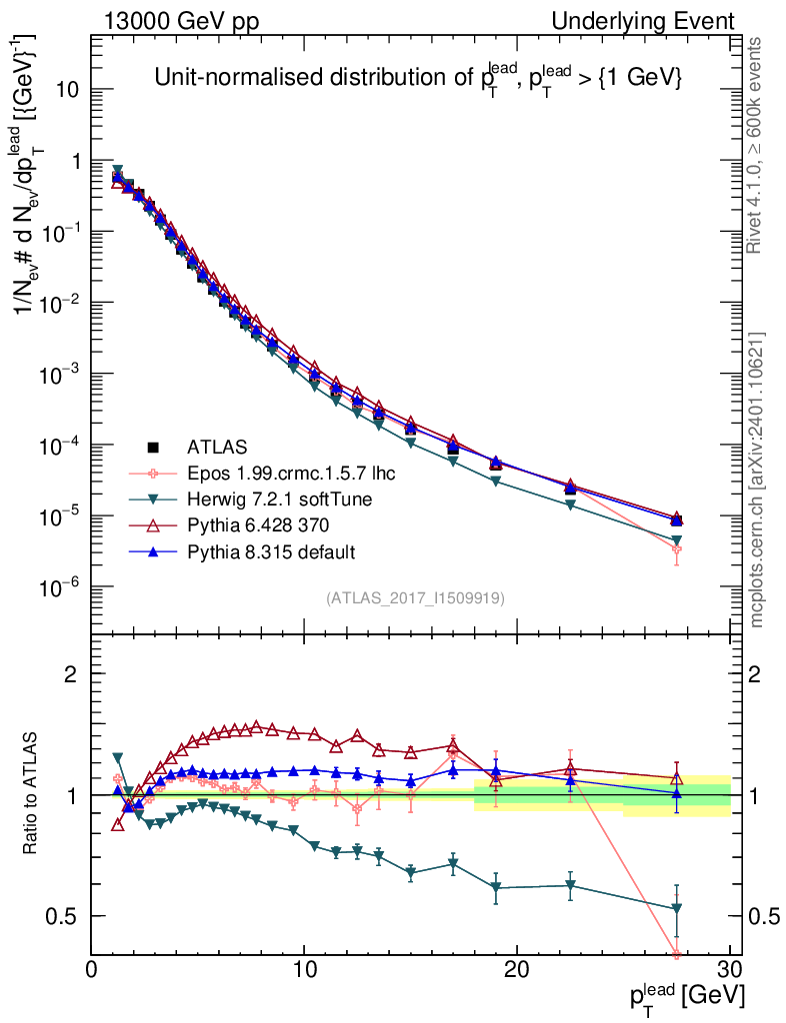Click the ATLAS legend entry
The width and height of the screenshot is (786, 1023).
coord(217,447)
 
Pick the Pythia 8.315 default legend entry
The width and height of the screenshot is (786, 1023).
coord(271,551)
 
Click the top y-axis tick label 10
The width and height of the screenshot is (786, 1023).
coord(67,89)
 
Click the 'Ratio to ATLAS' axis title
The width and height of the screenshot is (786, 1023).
coord(31,794)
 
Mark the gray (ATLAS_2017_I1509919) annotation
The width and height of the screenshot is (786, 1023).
coord(414,597)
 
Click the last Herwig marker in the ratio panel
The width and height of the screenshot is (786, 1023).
coord(677,908)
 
